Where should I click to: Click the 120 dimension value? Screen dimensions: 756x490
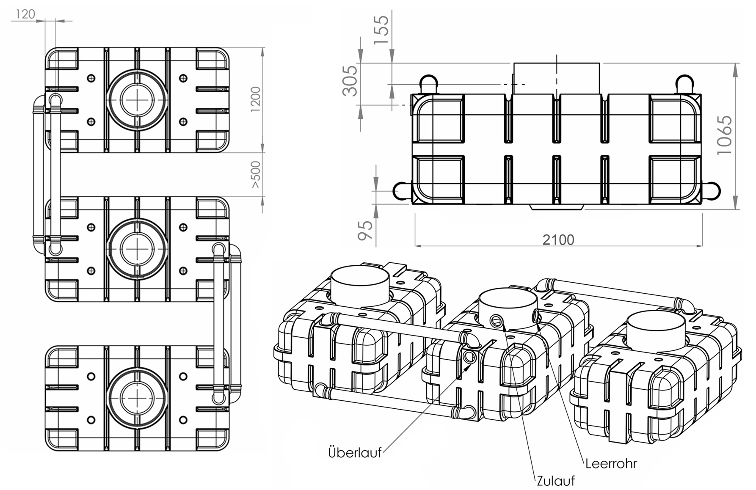25,14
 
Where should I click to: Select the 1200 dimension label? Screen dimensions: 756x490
256,99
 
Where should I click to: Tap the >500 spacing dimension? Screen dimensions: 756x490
256,175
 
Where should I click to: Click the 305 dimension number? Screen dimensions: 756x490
350,81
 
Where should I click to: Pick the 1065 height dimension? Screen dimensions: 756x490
724,135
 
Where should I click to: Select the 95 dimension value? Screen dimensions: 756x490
366,230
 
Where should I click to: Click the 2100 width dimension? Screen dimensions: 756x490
558,240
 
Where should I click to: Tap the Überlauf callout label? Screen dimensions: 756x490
355,452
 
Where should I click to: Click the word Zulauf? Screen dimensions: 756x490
556,481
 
